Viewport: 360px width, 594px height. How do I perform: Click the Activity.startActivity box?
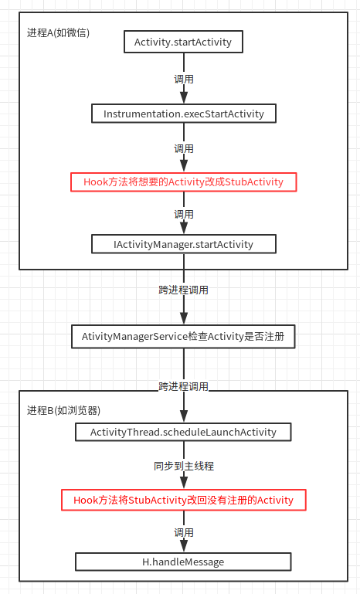click(x=183, y=42)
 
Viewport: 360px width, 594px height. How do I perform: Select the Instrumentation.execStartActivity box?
click(x=184, y=114)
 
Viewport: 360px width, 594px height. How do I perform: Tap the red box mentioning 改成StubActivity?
click(x=183, y=182)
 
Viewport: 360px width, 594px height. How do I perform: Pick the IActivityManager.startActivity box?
click(x=184, y=244)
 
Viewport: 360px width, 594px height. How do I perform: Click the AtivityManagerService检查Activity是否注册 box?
click(x=183, y=337)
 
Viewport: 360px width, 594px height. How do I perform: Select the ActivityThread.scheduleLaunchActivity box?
click(x=183, y=433)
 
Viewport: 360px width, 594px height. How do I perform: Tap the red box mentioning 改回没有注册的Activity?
click(x=184, y=500)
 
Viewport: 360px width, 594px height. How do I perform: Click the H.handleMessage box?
click(x=183, y=562)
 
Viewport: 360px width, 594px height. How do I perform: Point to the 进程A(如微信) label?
click(x=58, y=33)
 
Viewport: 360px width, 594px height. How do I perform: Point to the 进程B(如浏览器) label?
click(x=63, y=410)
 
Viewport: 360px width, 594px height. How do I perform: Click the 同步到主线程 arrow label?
click(x=184, y=466)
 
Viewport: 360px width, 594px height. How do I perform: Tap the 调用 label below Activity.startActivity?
click(x=184, y=80)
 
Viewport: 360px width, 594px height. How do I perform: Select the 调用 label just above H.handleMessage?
click(x=184, y=533)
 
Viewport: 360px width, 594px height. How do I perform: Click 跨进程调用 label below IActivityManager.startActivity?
click(x=184, y=290)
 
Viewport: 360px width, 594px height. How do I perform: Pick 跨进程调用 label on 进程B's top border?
click(x=184, y=387)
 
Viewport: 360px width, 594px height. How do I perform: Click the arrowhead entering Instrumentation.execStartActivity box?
click(x=184, y=98)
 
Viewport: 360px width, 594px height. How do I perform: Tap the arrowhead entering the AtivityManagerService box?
click(x=184, y=318)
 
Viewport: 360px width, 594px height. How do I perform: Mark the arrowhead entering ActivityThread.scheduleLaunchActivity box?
click(x=184, y=416)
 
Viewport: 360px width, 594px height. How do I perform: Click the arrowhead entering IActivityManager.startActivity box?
click(x=184, y=229)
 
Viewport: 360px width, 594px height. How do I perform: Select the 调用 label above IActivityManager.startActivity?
click(x=184, y=215)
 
